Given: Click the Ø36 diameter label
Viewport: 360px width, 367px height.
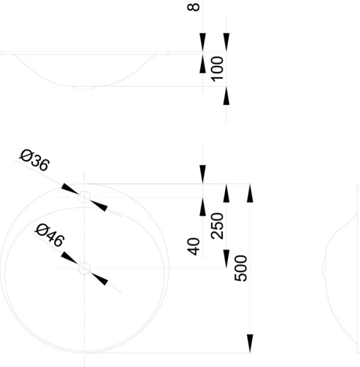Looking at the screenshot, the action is [34, 160].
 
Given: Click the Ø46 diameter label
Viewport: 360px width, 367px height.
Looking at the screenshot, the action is [50, 236].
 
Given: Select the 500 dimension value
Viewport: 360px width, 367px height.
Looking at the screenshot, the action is [241, 268].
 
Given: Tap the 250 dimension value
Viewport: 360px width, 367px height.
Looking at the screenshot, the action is [217, 226].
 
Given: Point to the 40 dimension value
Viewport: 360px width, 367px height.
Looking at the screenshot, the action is [194, 247].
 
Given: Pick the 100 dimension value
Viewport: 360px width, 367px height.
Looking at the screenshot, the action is [217, 69].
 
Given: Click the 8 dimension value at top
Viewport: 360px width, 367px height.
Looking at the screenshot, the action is [194, 7].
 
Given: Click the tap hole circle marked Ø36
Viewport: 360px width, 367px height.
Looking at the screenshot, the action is [84, 197].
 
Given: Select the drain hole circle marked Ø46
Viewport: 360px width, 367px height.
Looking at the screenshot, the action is [84, 268].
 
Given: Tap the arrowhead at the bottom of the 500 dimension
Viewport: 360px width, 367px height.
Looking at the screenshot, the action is [250, 344].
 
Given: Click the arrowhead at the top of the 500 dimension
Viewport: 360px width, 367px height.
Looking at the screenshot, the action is [250, 193].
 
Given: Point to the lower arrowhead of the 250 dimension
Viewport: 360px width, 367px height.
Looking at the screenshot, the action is [227, 259].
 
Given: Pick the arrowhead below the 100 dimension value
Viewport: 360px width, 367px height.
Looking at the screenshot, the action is [227, 96].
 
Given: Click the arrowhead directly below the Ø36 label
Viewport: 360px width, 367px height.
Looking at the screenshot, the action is [70, 189].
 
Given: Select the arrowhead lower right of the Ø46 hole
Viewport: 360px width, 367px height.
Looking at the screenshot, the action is [100, 280].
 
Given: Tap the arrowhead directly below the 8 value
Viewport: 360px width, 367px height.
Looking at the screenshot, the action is [202, 42].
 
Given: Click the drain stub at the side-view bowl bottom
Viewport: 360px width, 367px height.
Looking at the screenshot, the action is [84, 88].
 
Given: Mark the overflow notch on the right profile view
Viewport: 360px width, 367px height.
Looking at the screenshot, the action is [324, 268].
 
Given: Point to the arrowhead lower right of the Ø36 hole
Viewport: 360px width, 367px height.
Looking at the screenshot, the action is [99, 206].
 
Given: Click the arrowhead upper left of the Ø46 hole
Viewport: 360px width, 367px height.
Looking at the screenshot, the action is [69, 258].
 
